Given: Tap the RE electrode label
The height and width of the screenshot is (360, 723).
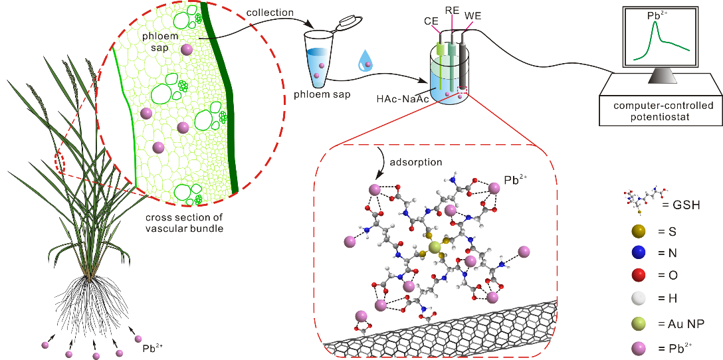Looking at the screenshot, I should (x=453, y=12).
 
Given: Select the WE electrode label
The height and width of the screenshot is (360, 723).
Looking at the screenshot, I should (x=473, y=16).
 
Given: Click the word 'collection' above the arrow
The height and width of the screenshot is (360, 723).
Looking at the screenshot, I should (x=270, y=13).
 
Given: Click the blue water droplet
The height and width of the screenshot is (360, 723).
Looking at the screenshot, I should (x=365, y=60).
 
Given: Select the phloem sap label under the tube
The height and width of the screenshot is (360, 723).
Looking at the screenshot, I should (x=321, y=94).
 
